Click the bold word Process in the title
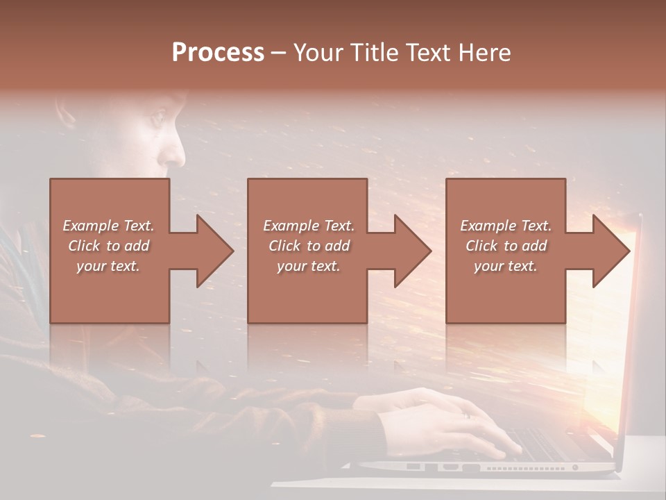pos(218,53)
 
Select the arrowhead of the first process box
pos(212,251)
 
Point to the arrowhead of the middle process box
pos(409,251)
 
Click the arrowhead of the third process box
pos(608,251)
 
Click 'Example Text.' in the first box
pos(108,226)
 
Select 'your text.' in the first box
pos(108,266)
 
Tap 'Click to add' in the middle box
pos(309,246)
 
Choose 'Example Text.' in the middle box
pos(309,226)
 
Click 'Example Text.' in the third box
pos(506,226)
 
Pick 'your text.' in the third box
pos(506,266)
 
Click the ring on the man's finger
pos(466,415)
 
